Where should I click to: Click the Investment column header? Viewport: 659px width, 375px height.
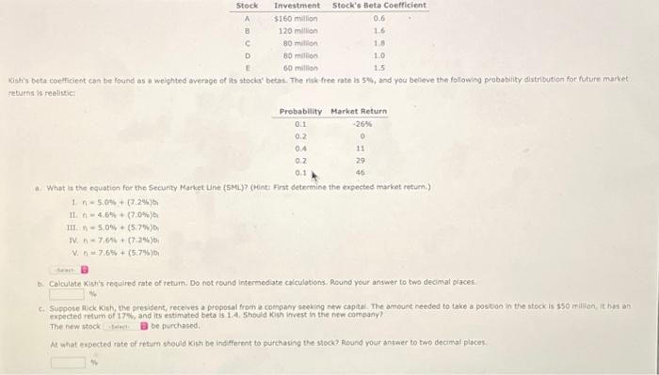(x=296, y=6)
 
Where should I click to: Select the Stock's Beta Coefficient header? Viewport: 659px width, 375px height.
(x=379, y=6)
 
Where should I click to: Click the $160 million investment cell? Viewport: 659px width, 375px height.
(x=296, y=18)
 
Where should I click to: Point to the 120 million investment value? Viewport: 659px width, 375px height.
(x=297, y=30)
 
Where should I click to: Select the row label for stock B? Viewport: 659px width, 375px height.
(x=247, y=30)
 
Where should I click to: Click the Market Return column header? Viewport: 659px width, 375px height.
(x=360, y=112)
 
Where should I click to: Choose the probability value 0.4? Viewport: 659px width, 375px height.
(x=300, y=148)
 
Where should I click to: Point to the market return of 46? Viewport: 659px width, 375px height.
(x=360, y=173)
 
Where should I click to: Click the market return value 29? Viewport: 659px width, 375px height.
(x=360, y=161)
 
